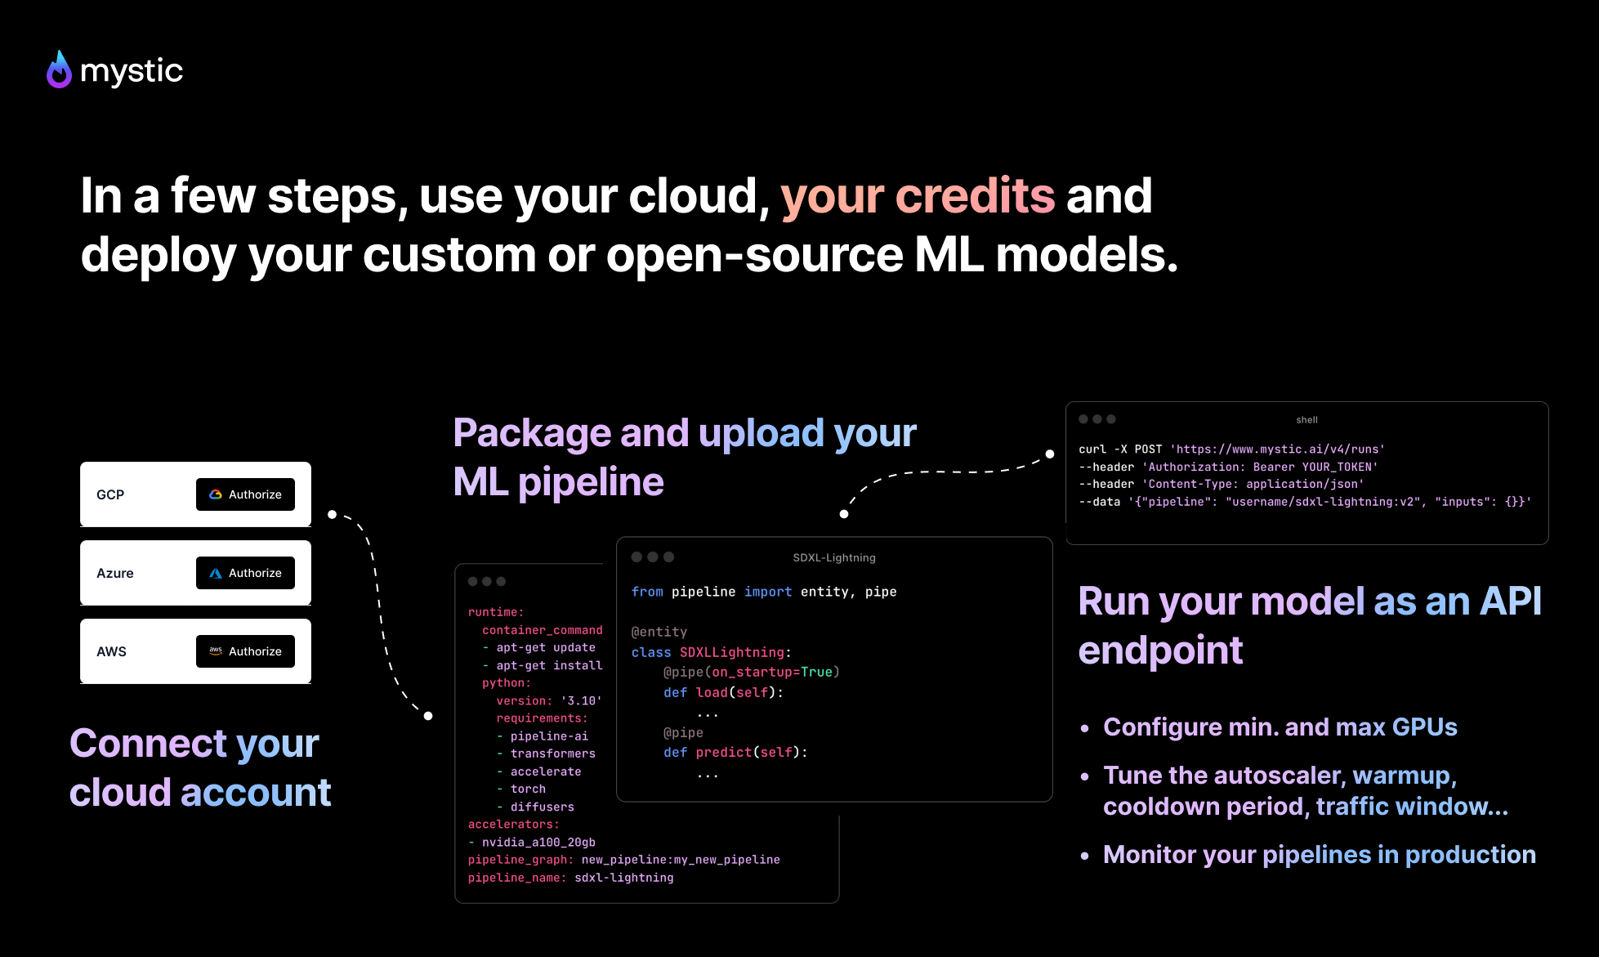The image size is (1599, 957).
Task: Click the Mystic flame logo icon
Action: (59, 70)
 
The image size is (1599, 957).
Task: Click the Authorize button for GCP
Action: (245, 494)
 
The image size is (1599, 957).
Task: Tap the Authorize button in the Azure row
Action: (245, 573)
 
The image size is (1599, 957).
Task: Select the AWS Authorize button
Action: (245, 651)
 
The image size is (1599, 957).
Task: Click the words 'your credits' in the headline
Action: (917, 196)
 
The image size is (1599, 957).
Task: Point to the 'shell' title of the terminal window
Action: (1306, 420)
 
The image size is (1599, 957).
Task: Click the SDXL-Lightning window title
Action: (833, 558)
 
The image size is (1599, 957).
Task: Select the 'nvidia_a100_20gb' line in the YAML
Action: (538, 843)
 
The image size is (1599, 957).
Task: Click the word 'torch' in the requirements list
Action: (528, 789)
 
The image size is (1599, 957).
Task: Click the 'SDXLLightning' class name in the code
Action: (731, 652)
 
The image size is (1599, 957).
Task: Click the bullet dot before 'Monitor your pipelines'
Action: (1085, 856)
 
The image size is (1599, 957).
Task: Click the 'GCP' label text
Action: (110, 495)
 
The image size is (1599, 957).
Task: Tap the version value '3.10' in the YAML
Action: (581, 701)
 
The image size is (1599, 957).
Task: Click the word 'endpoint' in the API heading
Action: (1160, 651)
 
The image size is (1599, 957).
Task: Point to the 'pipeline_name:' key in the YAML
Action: (516, 879)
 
